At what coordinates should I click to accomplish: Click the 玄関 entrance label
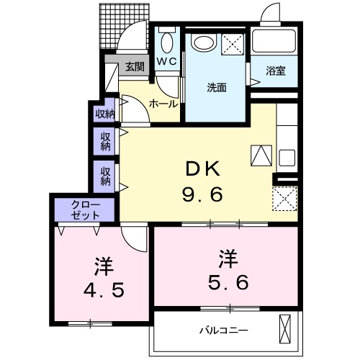[135, 67]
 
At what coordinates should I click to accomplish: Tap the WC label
[167, 62]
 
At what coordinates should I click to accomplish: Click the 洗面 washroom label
[217, 88]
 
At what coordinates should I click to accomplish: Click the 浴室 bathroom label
[275, 71]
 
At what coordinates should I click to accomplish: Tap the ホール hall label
[163, 104]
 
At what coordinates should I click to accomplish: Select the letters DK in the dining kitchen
[202, 170]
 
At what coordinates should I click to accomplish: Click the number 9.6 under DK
[202, 194]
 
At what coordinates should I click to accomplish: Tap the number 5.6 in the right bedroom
[229, 282]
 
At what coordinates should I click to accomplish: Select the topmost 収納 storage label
[105, 113]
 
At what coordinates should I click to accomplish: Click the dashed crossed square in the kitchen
[285, 197]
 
